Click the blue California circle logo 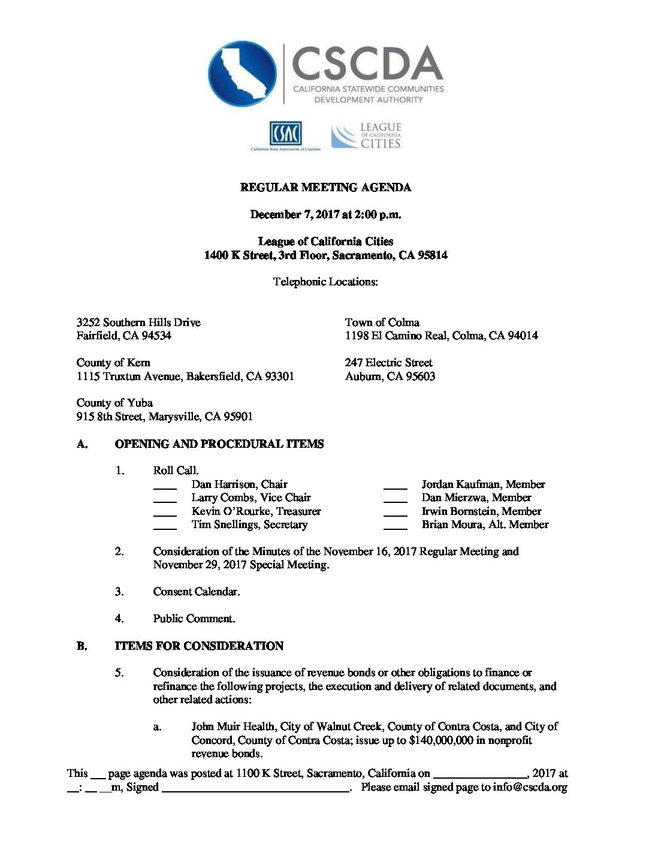point(242,74)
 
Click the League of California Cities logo point(366,135)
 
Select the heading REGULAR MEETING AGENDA point(325,188)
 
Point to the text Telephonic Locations point(325,282)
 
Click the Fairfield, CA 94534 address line point(123,336)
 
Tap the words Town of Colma point(382,322)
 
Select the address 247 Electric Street point(388,363)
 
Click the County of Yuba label point(114,403)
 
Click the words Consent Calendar point(196,592)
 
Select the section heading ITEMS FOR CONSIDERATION point(199,646)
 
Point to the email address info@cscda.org point(530,787)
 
